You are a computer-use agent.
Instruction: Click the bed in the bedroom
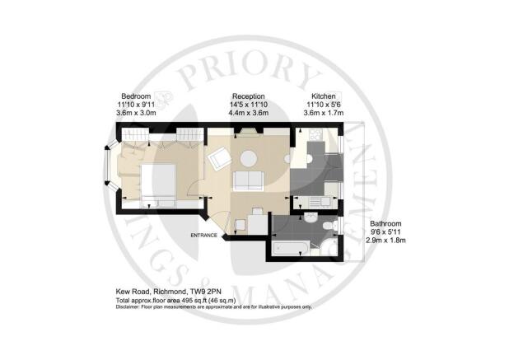coord(156,183)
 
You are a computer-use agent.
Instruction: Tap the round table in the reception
coord(248,157)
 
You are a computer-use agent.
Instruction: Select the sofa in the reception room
coord(246,180)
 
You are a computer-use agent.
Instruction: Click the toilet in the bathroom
coord(329,226)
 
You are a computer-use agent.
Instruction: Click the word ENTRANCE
coord(203,236)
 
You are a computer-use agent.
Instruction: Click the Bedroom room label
coord(136,96)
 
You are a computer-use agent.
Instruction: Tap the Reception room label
coord(248,96)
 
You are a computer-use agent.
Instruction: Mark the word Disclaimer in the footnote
coord(129,306)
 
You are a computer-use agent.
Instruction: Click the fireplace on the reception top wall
coord(247,132)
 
